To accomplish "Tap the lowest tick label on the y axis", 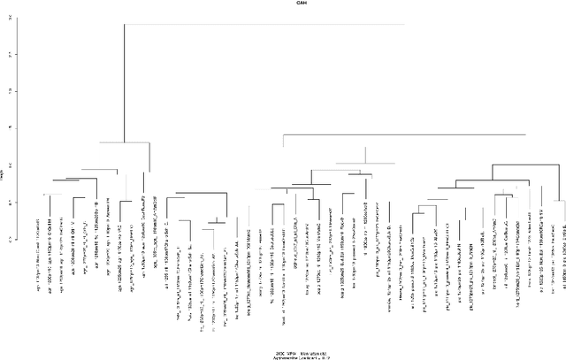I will [11, 239].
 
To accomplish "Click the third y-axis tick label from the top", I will [11, 91].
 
